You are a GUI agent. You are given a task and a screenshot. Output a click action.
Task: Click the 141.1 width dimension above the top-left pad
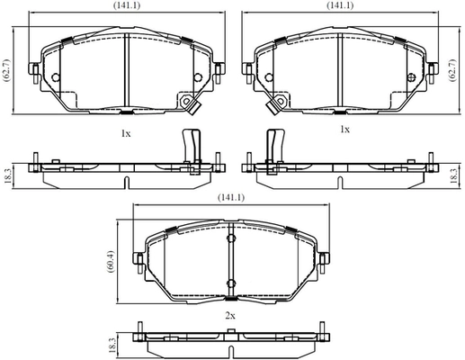coord(126,5)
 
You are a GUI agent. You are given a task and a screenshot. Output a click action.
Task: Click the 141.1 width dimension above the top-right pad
coord(340,5)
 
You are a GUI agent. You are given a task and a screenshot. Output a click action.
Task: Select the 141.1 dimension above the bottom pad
coord(231,197)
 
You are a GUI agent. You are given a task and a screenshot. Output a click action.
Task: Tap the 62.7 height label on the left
coord(6,70)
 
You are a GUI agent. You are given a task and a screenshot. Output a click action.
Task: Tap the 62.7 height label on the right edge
coord(452,70)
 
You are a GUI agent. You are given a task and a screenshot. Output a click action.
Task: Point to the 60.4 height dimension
coord(111,261)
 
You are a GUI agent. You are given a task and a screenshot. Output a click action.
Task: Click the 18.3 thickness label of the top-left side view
coord(8,176)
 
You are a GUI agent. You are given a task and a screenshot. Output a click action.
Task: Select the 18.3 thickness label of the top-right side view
coord(453,176)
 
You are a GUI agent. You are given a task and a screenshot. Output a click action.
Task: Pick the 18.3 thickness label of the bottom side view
coord(112,345)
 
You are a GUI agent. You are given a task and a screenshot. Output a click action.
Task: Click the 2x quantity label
coord(230,316)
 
